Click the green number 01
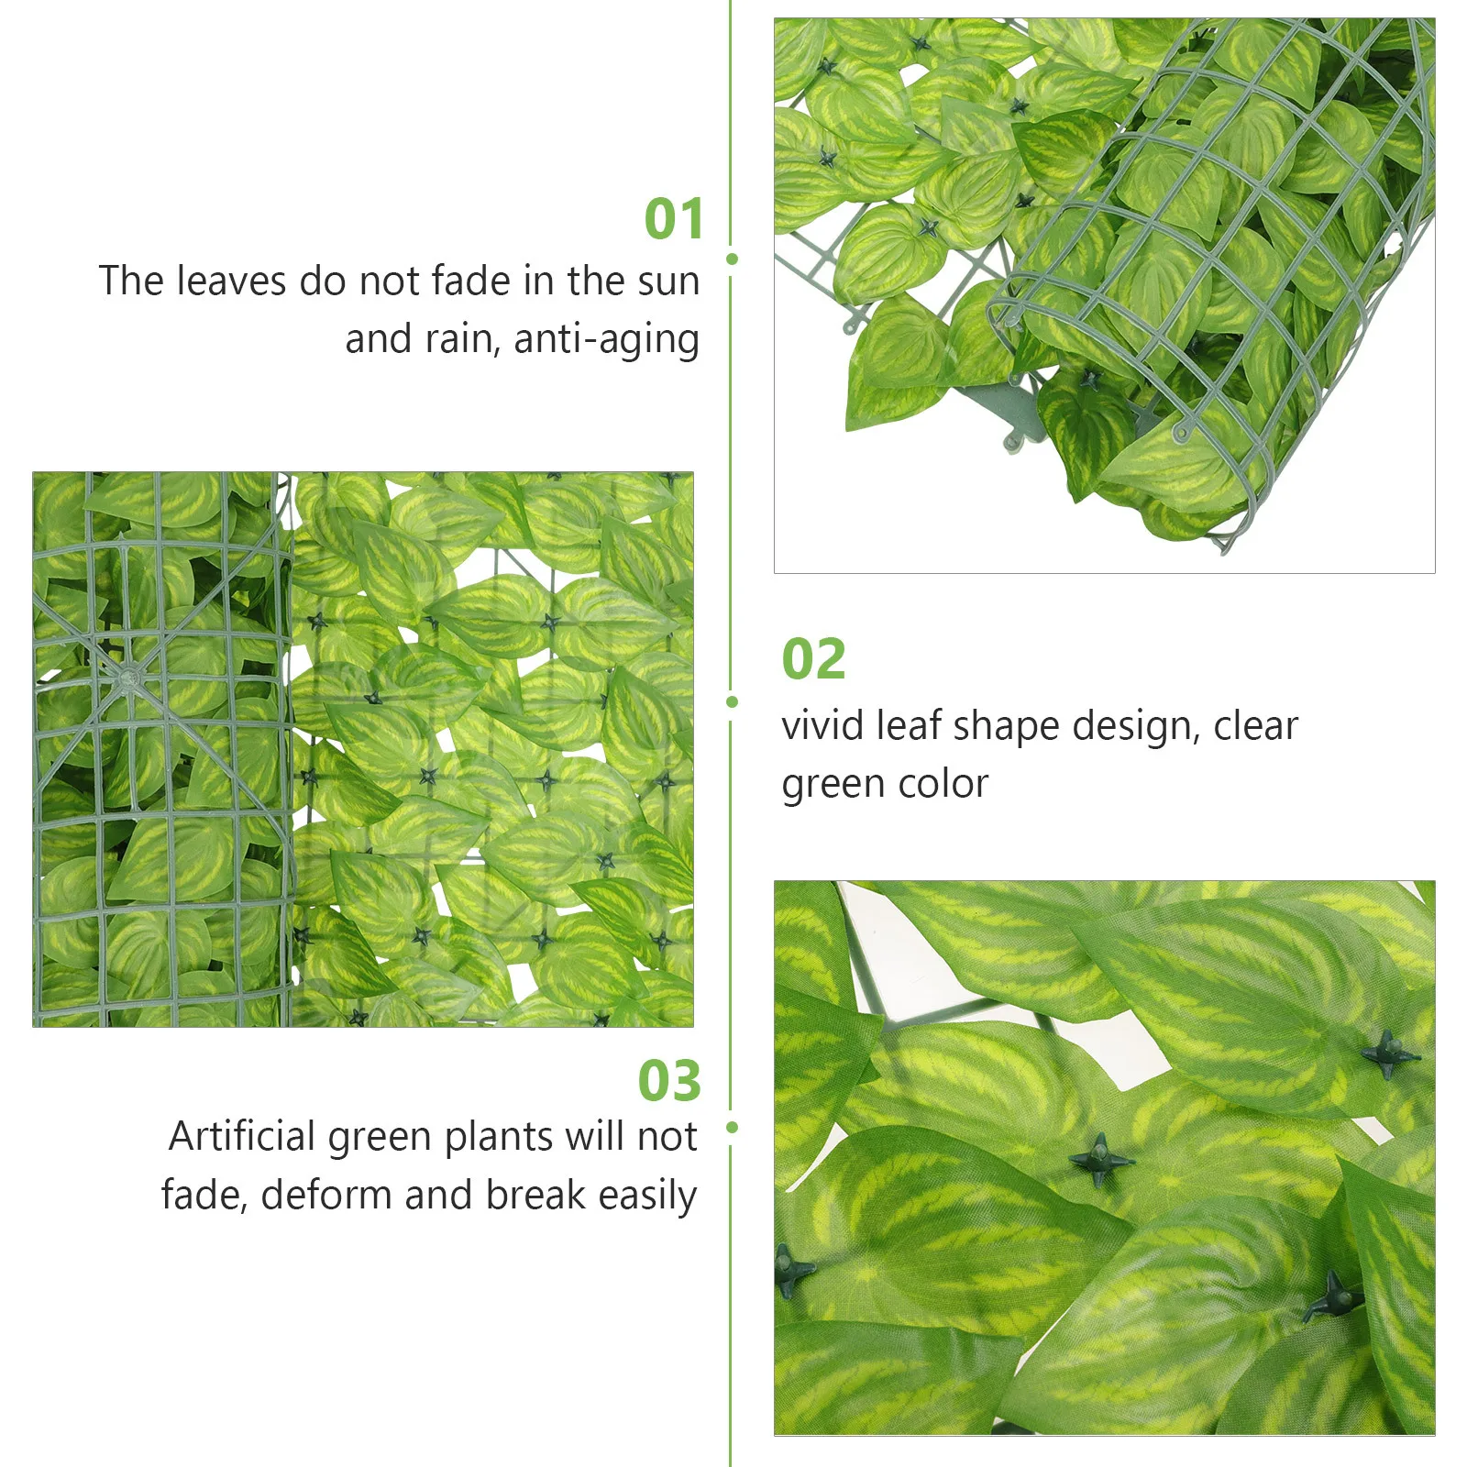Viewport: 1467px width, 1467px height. click(x=674, y=219)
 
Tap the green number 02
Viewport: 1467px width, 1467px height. click(x=813, y=659)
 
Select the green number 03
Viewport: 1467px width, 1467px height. click(x=669, y=1081)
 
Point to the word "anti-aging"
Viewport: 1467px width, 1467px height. click(x=606, y=340)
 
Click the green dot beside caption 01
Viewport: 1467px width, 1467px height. click(x=732, y=259)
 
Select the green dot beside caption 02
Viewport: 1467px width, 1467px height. click(x=732, y=702)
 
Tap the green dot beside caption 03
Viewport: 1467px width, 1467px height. click(x=732, y=1127)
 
